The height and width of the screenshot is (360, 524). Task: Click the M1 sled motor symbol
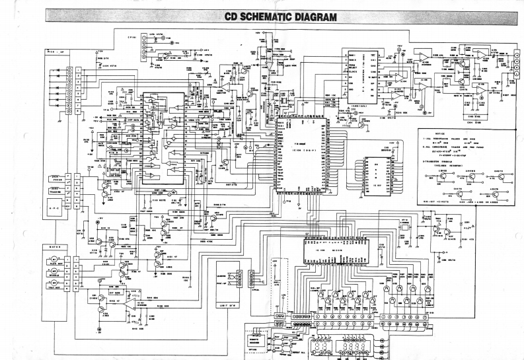pyautogui.click(x=55, y=260)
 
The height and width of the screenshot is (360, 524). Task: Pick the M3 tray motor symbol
pyautogui.click(x=55, y=283)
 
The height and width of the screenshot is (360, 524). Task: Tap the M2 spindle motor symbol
pyautogui.click(x=55, y=271)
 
